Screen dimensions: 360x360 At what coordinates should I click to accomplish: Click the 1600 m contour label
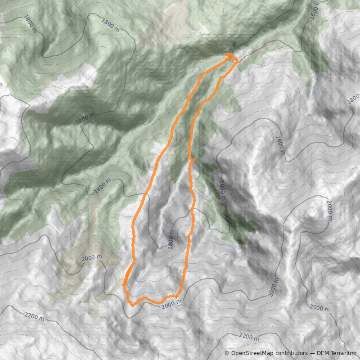coord(316,10)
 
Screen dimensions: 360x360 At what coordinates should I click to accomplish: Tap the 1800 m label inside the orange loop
coord(170,238)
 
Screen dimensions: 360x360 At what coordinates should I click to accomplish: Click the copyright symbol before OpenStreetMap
coord(227,353)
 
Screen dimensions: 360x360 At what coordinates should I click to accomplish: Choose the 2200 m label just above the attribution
coord(249,337)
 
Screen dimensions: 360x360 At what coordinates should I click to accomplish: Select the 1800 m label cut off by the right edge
coord(354,98)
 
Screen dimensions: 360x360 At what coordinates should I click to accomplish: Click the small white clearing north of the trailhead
coord(203,29)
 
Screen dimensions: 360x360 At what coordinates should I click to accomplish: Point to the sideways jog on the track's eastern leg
coord(192,160)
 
